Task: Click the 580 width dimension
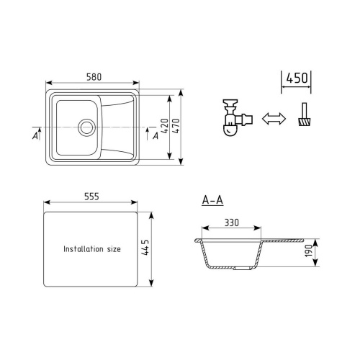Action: coord(94,77)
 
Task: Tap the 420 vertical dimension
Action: coord(165,126)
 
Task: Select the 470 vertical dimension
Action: coord(176,126)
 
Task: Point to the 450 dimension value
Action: coord(297,78)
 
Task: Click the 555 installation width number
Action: coord(91,197)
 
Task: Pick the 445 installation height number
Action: coord(145,247)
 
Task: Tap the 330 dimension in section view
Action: coord(232,222)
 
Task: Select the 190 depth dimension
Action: coord(308,251)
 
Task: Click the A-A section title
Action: coord(212,200)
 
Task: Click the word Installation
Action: coord(84,249)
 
